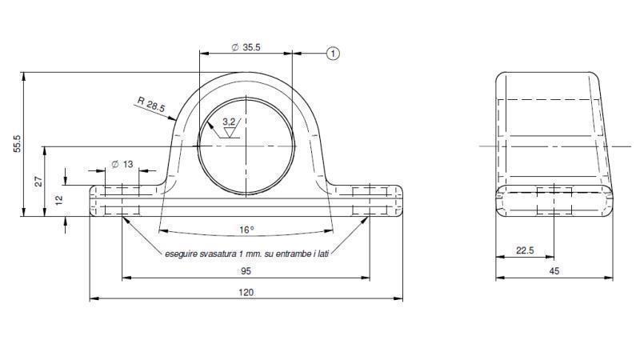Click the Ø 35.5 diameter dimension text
(246, 47)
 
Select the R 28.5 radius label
(150, 104)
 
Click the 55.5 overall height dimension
(17, 144)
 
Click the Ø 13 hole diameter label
(122, 164)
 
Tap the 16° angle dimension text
(246, 230)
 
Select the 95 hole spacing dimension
(246, 270)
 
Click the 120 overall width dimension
(246, 293)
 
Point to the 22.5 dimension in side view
(525, 250)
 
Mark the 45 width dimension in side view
(554, 270)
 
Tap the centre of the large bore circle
(246, 146)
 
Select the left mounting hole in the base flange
(122, 200)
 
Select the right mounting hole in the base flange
(370, 200)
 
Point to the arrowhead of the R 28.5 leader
(174, 119)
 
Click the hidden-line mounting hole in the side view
(554, 201)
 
